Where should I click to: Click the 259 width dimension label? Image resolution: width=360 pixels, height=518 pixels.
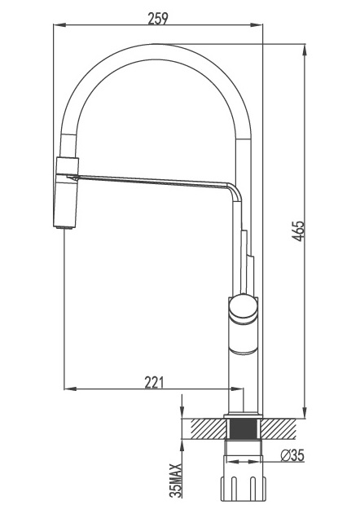point(158,19)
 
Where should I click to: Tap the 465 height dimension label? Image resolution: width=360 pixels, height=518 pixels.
point(298,231)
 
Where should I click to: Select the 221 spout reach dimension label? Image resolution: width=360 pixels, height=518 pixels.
point(154,382)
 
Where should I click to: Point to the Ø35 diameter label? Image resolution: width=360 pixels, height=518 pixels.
point(292,455)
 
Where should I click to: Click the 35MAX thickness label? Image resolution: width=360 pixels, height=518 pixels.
point(176,481)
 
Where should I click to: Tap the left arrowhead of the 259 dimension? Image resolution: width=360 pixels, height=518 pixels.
point(59,24)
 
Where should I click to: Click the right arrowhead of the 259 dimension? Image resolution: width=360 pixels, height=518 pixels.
point(256,24)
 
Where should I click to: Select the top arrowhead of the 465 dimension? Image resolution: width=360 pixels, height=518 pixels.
point(305,50)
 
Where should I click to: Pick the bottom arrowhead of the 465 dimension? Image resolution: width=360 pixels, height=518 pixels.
point(305,412)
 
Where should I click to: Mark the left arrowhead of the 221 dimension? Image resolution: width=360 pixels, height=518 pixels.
point(70,388)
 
